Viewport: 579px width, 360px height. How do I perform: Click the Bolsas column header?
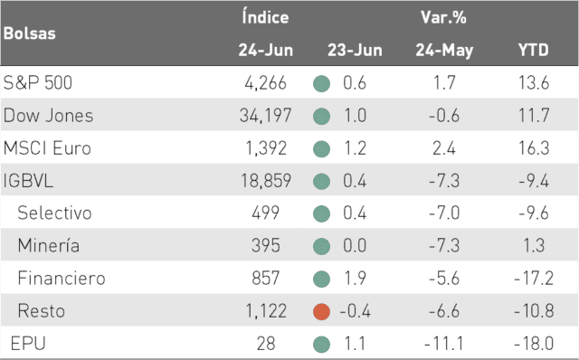30,33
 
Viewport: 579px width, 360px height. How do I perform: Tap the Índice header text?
265,17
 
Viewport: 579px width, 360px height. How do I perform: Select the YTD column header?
533,50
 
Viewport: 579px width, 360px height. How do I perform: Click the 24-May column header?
444,51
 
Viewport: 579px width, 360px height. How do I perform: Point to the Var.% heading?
443,17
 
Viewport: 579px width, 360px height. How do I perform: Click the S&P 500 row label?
38,82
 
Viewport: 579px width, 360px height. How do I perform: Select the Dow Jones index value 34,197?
265,115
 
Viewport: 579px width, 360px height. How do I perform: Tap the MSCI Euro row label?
47,148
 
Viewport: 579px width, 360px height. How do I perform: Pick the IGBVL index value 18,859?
266,181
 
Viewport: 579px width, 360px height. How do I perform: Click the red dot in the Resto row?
322,311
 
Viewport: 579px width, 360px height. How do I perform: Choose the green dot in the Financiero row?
322,279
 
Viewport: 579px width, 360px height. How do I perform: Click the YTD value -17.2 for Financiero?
534,278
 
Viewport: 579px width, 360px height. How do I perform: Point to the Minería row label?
48,245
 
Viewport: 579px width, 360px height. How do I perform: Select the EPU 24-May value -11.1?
443,344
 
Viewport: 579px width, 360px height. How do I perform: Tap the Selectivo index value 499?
265,213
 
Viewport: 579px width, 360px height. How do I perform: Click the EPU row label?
28,344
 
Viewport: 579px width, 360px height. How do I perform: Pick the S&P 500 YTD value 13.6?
534,82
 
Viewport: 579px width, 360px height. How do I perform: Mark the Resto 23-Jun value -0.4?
355,311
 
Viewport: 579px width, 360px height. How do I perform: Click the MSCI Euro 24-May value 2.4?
444,148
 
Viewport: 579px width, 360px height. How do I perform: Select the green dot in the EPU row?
322,344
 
